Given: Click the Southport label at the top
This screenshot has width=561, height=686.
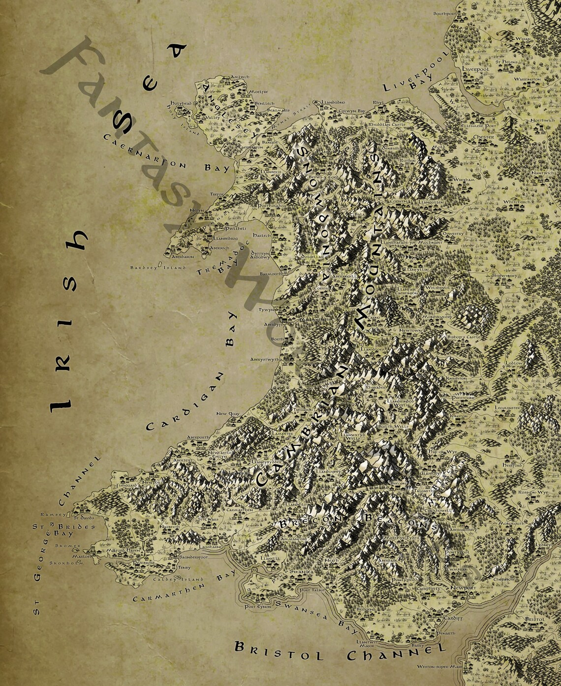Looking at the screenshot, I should pos(445,14).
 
